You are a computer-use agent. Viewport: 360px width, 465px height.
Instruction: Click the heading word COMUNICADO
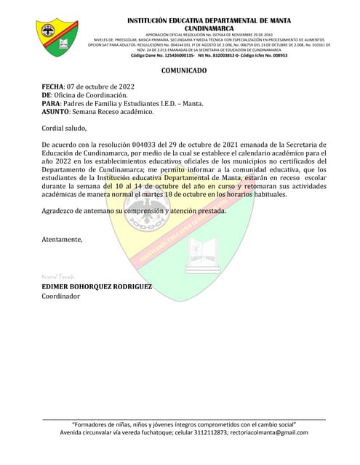[183, 70]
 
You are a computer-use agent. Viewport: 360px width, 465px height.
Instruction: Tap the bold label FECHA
[52, 86]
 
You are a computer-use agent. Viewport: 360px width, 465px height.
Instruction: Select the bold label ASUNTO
[56, 112]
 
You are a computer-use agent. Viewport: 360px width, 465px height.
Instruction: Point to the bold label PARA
[52, 103]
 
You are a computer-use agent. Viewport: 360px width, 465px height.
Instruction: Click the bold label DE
[47, 95]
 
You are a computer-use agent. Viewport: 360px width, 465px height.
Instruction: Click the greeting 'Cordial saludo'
[64, 128]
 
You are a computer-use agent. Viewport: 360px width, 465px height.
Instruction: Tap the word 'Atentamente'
[62, 238]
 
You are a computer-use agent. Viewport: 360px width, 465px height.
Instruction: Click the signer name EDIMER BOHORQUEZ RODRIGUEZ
[97, 287]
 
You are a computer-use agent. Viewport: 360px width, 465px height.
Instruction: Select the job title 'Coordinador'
[62, 296]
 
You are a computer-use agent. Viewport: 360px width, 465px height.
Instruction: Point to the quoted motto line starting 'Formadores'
[183, 424]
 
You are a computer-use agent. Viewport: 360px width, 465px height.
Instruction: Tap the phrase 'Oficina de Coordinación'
[91, 95]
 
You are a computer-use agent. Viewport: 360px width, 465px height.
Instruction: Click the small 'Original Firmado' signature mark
[55, 278]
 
